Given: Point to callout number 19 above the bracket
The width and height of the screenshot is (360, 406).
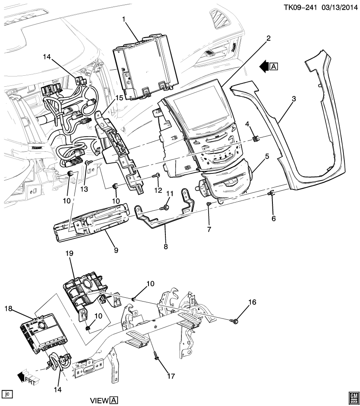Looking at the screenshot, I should (x=69, y=253).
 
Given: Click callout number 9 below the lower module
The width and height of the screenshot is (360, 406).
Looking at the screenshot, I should (x=115, y=250).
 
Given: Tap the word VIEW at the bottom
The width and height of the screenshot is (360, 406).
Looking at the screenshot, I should (x=99, y=400).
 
